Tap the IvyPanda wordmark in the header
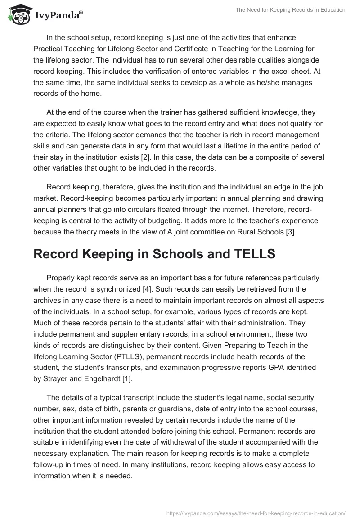point(58,15)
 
